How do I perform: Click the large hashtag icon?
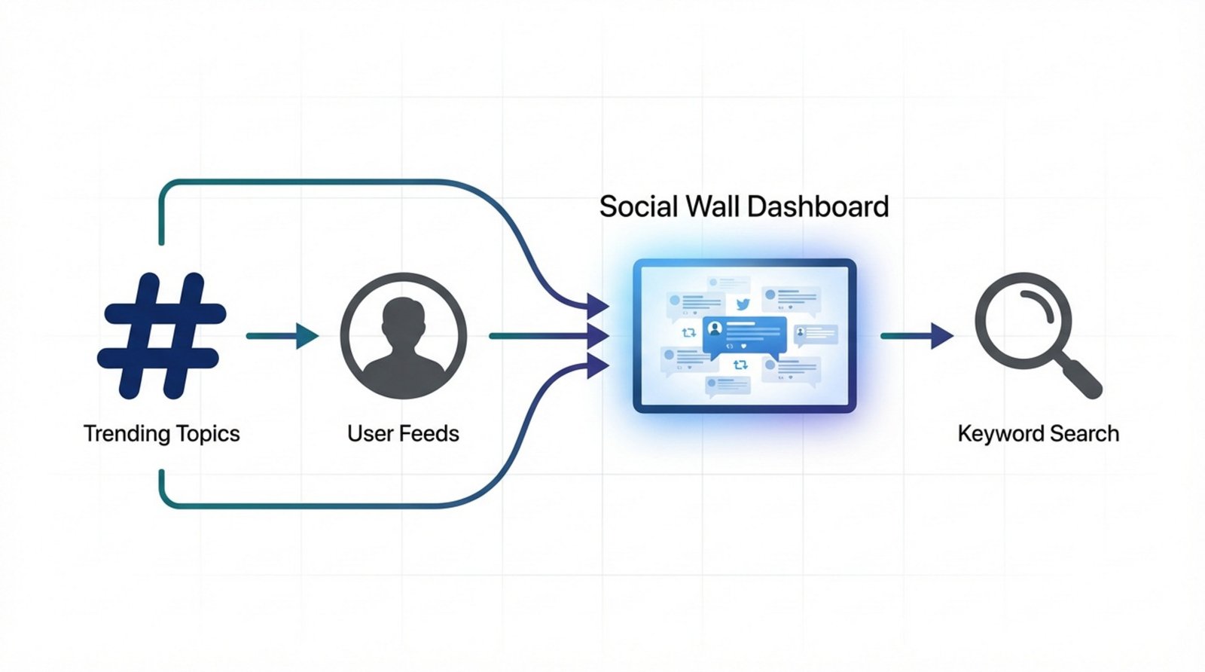pos(162,335)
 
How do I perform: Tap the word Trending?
pos(127,434)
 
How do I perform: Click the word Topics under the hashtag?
pos(207,434)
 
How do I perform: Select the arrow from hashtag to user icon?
pos(282,336)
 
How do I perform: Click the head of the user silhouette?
pos(403,320)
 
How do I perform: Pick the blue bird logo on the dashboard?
pos(743,304)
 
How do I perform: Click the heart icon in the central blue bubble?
pos(743,346)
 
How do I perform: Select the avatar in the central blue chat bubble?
pos(715,328)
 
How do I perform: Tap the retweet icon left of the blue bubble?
pos(688,332)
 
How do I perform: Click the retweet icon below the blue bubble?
pos(740,365)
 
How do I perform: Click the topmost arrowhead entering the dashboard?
pos(598,306)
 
